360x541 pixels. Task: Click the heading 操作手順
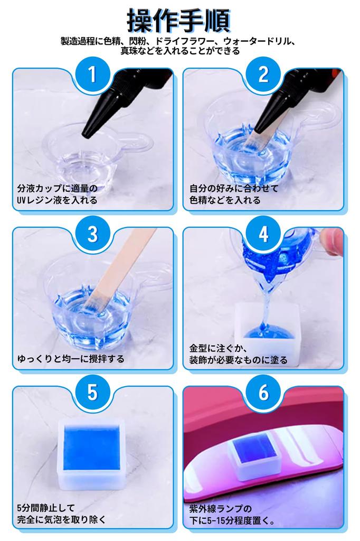click(178, 20)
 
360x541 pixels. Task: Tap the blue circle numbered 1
click(92, 74)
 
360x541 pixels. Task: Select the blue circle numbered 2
click(263, 74)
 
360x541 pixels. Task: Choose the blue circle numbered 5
click(92, 393)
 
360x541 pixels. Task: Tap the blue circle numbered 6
click(263, 393)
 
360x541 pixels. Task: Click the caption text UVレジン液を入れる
click(57, 200)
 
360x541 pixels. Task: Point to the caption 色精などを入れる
click(225, 200)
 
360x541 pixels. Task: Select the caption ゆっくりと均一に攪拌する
click(71, 359)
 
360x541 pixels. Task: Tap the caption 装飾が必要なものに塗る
click(238, 360)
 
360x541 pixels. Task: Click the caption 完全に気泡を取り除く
click(61, 519)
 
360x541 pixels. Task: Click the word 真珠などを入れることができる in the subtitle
click(180, 51)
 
